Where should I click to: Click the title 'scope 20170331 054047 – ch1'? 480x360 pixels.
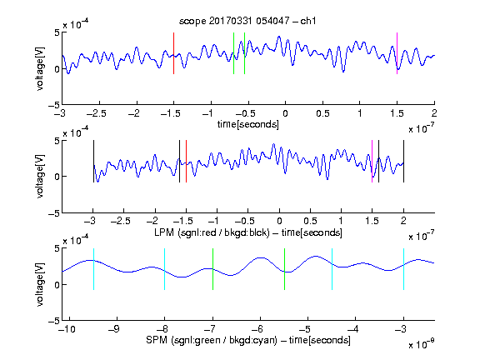pos(247,21)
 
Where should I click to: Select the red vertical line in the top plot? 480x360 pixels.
pos(173,53)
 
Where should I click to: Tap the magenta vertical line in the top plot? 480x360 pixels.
pos(397,53)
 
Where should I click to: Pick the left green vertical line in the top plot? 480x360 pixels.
pos(233,53)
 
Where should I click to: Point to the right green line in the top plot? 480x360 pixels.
pos(244,53)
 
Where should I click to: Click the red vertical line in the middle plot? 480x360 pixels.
pos(186,162)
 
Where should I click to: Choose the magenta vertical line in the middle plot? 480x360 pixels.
pos(372,162)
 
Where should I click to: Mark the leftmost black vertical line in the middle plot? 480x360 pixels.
pos(93,162)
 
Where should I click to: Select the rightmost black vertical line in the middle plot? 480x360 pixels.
pos(403,162)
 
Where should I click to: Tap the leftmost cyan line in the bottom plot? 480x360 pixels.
pos(93,269)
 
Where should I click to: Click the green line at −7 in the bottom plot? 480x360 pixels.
pos(212,269)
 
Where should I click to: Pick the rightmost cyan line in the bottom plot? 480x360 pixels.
pos(403,269)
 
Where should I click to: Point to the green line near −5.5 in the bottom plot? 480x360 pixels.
pos(284,269)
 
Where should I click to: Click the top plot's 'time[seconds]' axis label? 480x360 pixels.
pos(248,124)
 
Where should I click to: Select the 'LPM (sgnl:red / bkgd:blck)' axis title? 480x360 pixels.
pos(212,232)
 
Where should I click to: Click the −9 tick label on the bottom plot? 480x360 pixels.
pos(114,329)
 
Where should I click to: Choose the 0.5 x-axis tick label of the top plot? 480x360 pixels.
pos(322,113)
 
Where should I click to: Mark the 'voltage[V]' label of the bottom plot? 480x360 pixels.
pos(40,284)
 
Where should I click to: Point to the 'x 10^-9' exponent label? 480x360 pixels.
pos(421,344)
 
